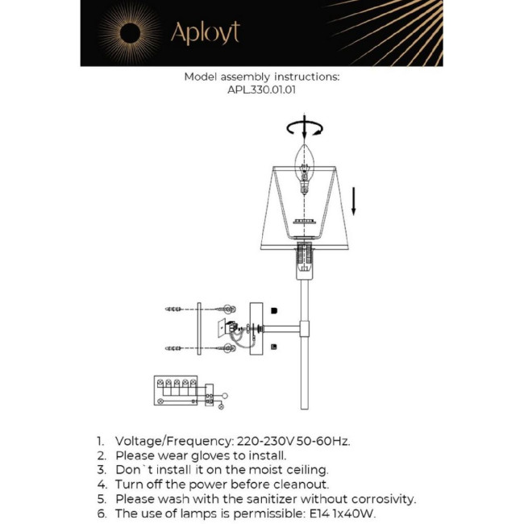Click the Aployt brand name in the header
[205, 32]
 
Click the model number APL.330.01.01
[262, 91]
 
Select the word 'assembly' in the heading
[246, 77]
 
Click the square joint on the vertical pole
[305, 328]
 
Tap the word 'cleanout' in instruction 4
[299, 484]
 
